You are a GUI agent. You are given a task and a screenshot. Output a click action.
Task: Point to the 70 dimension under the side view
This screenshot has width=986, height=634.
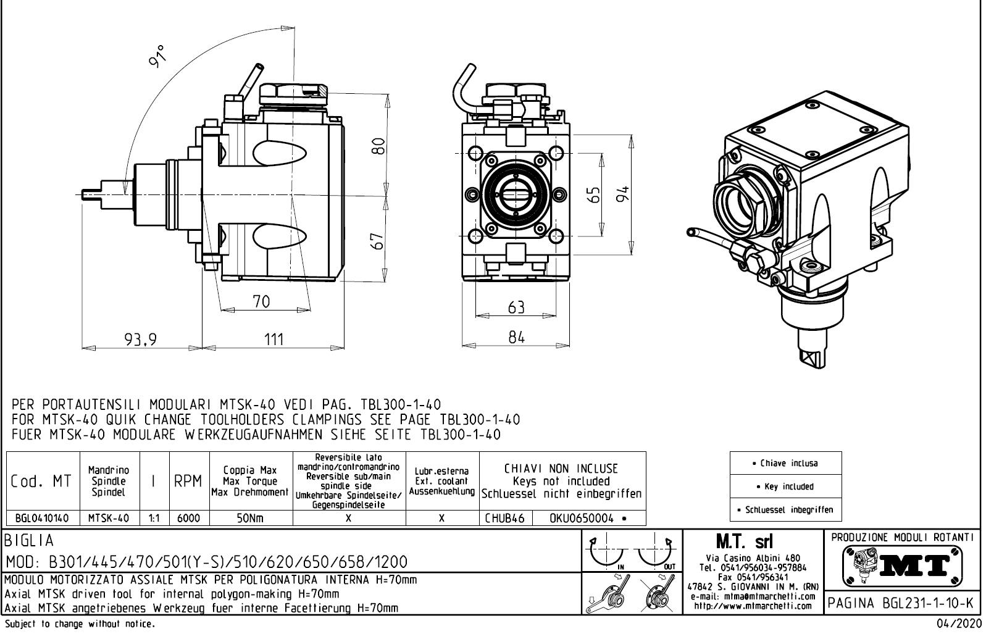tap(261, 301)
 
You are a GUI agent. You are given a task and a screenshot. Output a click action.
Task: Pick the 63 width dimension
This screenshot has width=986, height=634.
tap(516, 307)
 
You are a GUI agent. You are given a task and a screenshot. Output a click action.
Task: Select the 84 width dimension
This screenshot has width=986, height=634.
tap(516, 337)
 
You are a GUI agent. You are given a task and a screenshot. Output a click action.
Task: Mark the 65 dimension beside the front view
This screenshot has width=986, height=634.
tap(594, 194)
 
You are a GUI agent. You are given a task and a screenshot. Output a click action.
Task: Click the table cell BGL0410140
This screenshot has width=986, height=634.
tap(43, 519)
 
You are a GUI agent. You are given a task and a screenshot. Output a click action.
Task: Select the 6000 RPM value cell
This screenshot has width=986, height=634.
tap(188, 519)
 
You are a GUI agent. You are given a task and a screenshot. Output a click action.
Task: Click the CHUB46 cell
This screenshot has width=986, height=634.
tap(504, 519)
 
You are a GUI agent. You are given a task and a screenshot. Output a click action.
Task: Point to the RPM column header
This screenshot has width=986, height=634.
tap(188, 481)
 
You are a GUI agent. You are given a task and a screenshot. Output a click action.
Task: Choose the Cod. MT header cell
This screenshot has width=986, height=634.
tap(42, 481)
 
